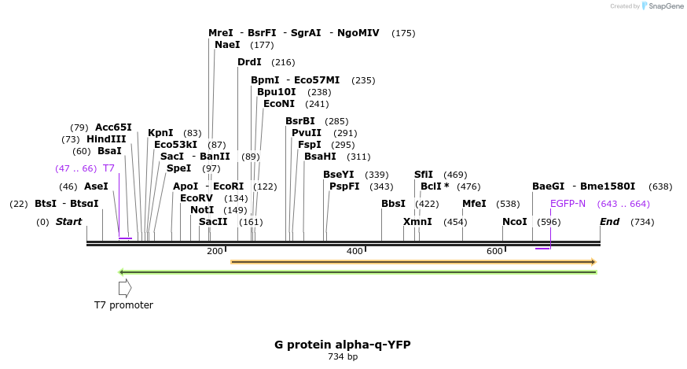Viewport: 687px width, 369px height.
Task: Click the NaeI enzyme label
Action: click(227, 45)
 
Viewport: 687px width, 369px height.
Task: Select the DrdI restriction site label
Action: click(249, 62)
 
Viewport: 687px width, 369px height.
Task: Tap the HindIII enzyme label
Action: click(106, 139)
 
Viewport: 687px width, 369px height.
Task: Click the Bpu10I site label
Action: click(276, 92)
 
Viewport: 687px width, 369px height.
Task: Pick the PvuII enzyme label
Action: click(306, 133)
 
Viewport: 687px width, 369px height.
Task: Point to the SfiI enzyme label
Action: click(423, 175)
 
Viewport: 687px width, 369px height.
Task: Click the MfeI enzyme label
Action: click(474, 204)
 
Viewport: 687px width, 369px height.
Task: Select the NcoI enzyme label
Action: click(514, 222)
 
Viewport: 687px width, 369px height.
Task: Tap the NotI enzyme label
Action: click(202, 210)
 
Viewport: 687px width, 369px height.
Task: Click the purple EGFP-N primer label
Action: click(568, 204)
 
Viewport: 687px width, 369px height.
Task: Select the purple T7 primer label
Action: click(108, 168)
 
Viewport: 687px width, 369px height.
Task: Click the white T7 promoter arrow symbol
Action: click(125, 288)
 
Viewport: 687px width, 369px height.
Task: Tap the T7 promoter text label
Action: click(123, 305)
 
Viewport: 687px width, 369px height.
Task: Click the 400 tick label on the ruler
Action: click(355, 251)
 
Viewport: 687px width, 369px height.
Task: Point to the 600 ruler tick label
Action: click(494, 251)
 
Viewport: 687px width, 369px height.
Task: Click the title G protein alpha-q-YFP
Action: click(342, 345)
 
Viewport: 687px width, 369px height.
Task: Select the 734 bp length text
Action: click(342, 357)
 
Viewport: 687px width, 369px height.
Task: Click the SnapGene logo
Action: click(663, 6)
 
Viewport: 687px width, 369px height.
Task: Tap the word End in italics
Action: click(609, 222)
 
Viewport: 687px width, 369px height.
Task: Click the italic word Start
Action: click(68, 222)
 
